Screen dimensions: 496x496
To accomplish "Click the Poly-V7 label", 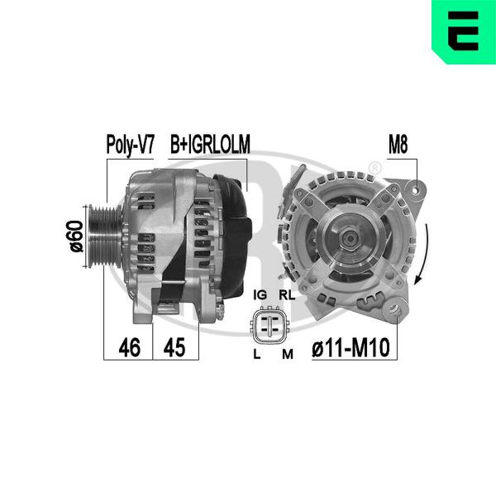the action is point(130,145).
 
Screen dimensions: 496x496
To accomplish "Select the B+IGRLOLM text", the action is point(210,144).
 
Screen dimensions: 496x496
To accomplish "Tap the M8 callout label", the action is point(398,144).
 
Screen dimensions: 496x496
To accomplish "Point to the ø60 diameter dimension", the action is point(76,236).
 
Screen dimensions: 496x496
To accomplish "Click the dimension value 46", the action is point(130,347).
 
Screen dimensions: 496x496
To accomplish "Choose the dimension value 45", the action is point(174,347).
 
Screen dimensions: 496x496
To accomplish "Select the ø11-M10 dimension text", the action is point(351,347).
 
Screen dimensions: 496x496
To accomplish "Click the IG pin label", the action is point(260,295).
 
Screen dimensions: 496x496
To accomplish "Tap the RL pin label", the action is point(287,295).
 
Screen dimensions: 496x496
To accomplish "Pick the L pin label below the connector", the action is point(257,355).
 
